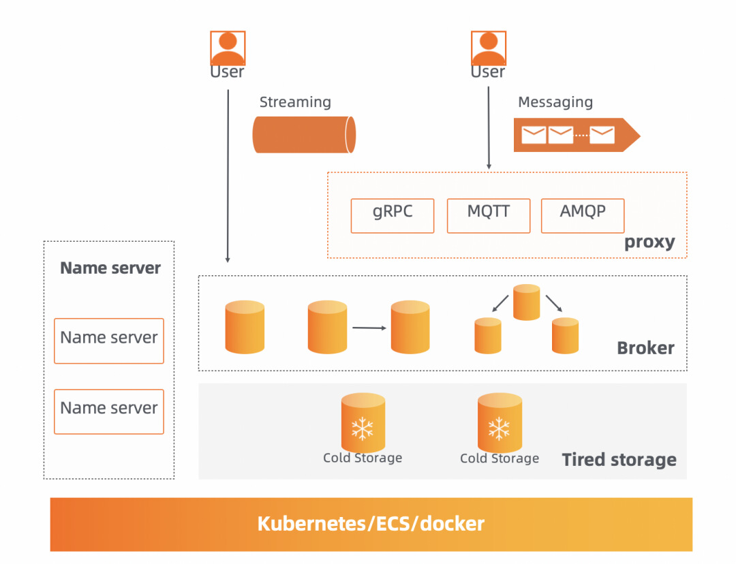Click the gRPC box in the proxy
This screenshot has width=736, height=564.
click(x=393, y=215)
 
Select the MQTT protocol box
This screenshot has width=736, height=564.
click(x=488, y=215)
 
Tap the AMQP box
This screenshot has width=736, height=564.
click(x=583, y=215)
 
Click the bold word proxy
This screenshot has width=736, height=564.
click(x=649, y=242)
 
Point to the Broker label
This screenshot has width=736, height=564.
click(x=645, y=348)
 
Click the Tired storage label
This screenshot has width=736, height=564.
click(x=619, y=460)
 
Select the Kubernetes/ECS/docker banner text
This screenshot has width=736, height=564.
click(x=371, y=524)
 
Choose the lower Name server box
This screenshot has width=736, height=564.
click(x=109, y=411)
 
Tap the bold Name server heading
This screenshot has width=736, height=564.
click(x=110, y=268)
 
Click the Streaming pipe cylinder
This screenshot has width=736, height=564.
click(x=304, y=134)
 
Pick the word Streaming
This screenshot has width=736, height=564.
click(x=295, y=102)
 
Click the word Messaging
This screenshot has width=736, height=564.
click(x=555, y=102)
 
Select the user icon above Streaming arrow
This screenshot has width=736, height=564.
click(x=228, y=48)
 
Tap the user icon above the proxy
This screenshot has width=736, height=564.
click(x=489, y=48)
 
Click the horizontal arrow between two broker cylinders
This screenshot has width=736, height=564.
click(x=369, y=328)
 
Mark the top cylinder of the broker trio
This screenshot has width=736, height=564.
click(x=527, y=302)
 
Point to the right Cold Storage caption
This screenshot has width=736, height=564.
click(x=500, y=458)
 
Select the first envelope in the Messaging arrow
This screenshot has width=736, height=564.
click(x=534, y=135)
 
